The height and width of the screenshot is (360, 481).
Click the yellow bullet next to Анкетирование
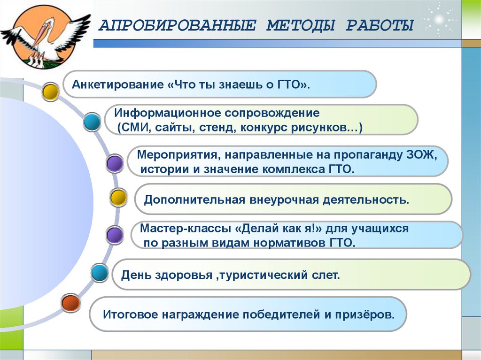point(50,92)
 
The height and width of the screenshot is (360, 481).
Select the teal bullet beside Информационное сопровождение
point(92,122)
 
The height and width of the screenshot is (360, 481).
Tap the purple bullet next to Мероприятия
point(115,163)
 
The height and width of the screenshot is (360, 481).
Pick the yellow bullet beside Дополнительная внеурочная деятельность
point(118,197)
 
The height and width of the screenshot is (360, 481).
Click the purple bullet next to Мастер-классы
point(115,235)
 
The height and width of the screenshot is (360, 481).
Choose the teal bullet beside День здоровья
point(100,273)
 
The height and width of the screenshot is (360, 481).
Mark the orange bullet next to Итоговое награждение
point(71,303)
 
